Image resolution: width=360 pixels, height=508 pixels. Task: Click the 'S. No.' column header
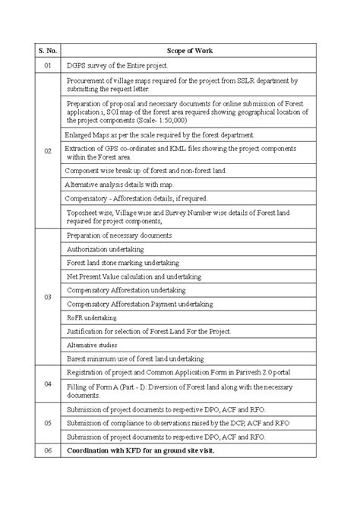[x=47, y=50]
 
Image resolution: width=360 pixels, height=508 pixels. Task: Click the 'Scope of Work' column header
[x=196, y=50]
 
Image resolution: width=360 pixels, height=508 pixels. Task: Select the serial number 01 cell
[x=47, y=66]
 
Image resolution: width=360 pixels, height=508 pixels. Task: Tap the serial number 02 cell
[x=47, y=151]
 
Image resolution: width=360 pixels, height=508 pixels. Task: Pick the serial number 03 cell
[x=47, y=297]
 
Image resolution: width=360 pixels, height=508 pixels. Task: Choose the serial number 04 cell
[x=47, y=384]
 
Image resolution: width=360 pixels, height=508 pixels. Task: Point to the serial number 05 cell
[x=47, y=422]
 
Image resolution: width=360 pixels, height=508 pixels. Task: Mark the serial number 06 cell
[x=47, y=450]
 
